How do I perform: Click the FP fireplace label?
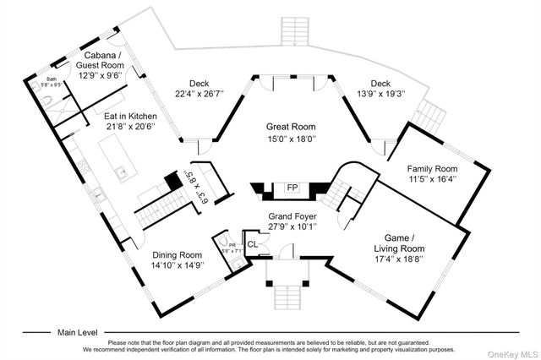[x=292, y=187]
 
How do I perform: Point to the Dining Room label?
[x=178, y=255]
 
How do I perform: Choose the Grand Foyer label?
[x=292, y=216]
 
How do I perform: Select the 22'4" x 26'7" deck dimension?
[x=199, y=94]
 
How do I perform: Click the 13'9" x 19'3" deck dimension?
[x=380, y=94]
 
